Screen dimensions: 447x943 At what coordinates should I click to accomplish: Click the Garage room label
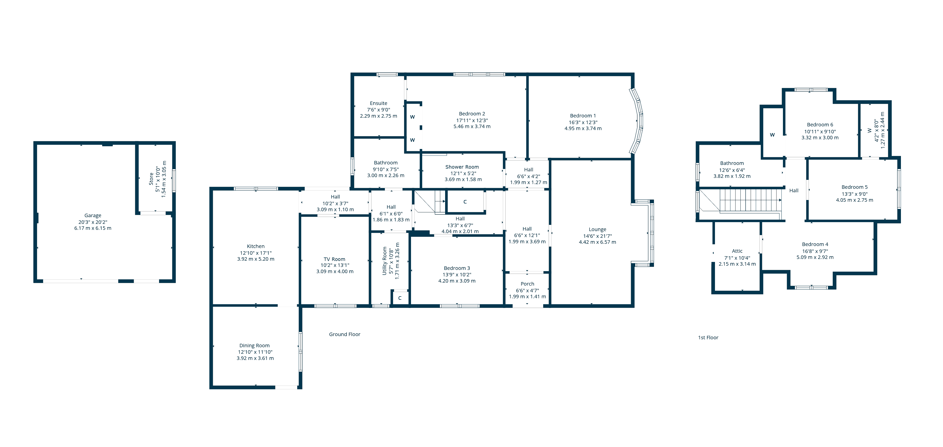(93, 215)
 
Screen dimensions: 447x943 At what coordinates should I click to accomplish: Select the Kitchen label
(255, 246)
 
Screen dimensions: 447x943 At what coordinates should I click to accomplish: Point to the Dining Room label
(254, 345)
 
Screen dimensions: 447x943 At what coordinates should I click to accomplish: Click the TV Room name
(334, 259)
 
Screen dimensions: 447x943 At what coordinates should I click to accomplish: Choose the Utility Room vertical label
(384, 261)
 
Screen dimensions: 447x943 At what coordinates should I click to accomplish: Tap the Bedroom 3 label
(457, 268)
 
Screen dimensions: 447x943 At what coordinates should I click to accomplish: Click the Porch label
(527, 284)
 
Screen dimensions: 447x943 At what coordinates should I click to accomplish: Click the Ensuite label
(378, 103)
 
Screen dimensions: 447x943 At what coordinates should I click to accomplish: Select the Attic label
(737, 251)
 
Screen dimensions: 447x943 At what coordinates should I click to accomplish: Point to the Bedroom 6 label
(820, 125)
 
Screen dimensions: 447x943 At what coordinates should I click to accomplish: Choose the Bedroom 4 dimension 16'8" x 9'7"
(815, 251)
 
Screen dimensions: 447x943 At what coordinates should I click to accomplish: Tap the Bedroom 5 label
(854, 187)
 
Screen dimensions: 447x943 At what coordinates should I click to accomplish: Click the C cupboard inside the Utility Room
(400, 298)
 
